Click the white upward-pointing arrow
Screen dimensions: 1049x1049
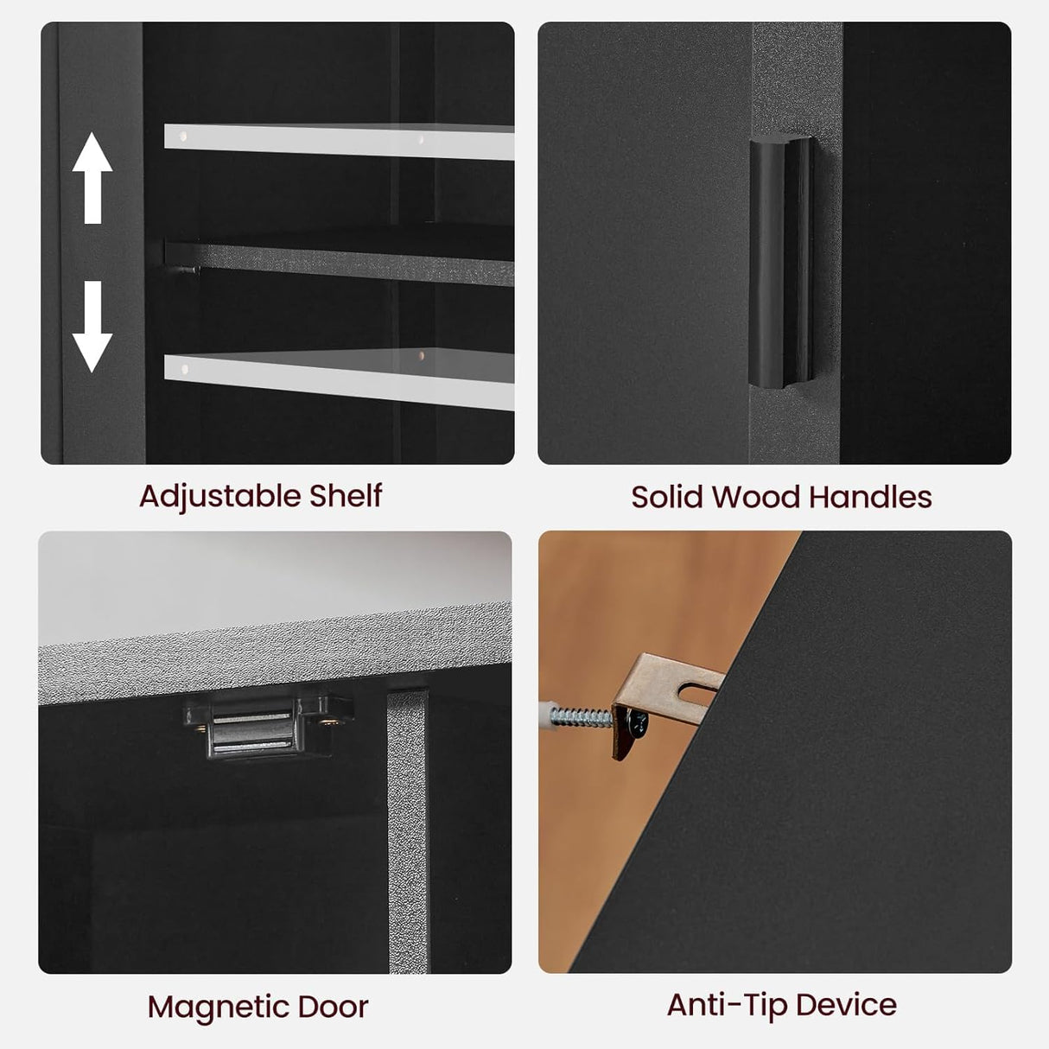92,177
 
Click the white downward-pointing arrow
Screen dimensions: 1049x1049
92,327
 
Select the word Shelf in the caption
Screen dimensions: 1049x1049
345,496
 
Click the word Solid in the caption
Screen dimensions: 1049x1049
665,497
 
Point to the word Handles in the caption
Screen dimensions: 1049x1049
869,497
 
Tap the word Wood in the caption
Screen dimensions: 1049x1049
753,497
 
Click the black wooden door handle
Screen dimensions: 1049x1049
782,263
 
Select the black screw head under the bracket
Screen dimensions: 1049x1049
637,723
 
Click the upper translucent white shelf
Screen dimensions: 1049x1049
339,142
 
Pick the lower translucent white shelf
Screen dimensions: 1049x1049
339,378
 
